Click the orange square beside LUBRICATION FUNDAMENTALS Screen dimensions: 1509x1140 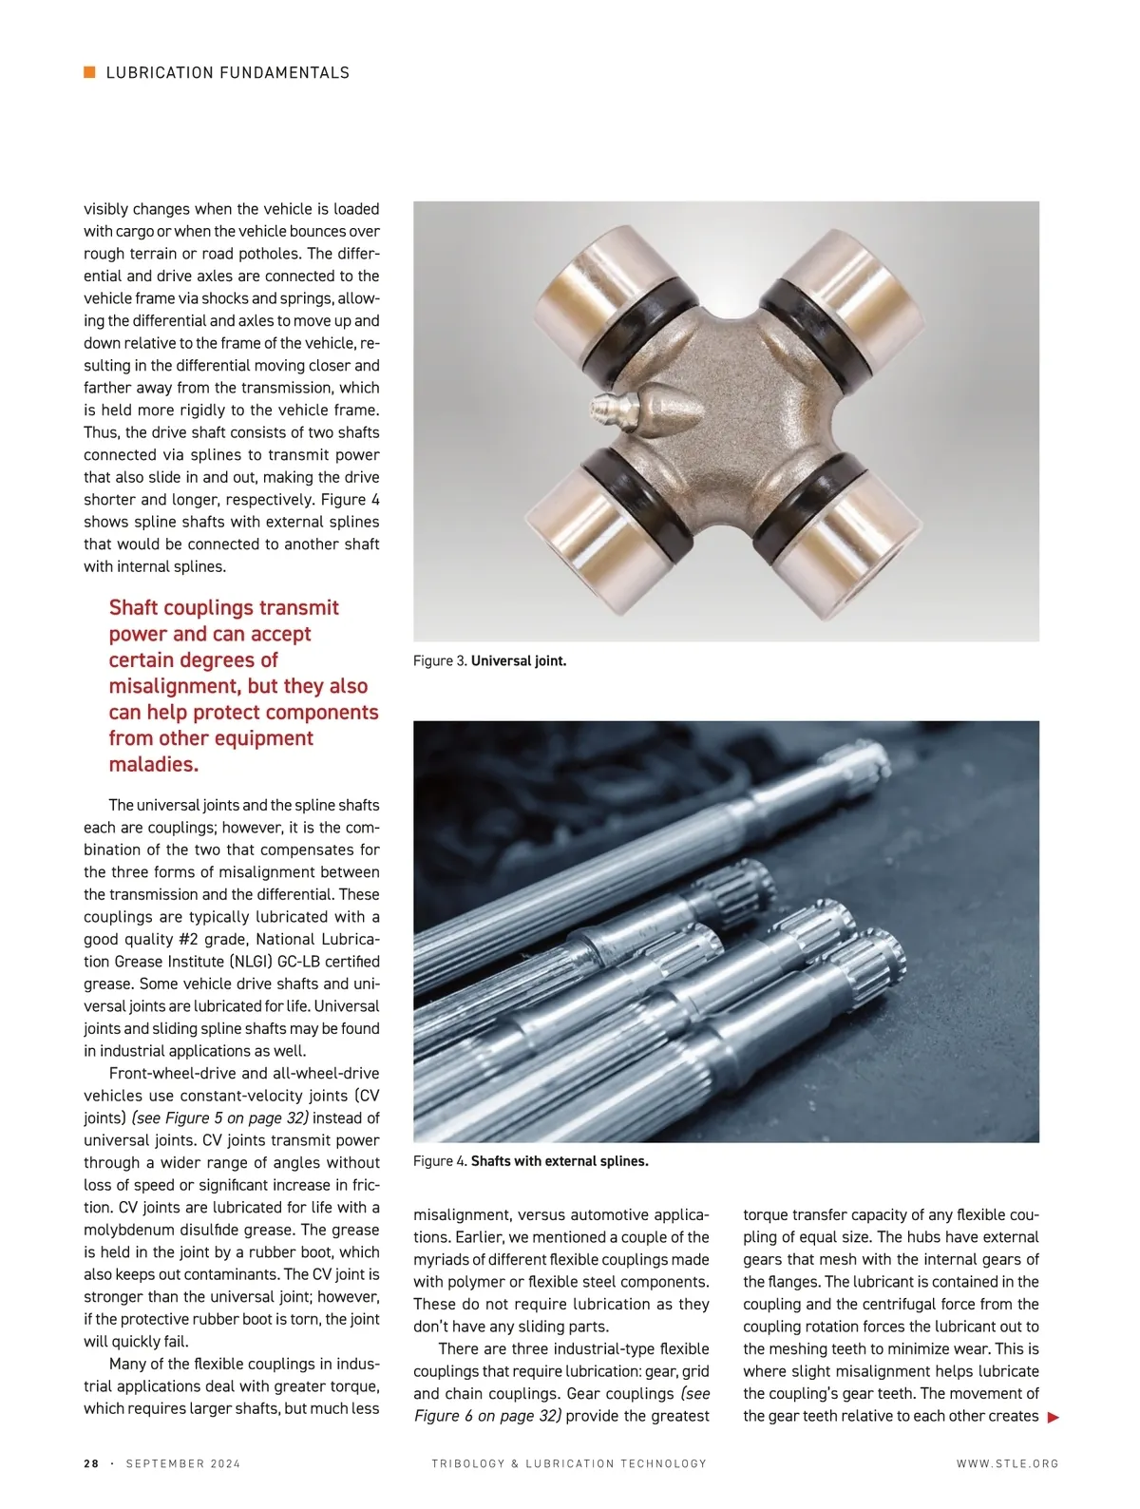tap(90, 72)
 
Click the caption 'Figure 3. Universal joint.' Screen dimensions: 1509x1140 tap(489, 660)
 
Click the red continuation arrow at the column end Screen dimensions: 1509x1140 tap(1052, 1418)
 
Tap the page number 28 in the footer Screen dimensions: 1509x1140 tap(91, 1463)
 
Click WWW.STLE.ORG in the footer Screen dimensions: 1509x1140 tap(1007, 1463)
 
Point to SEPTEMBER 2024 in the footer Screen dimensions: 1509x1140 tap(183, 1463)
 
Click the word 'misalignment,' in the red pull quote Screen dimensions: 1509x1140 tap(174, 686)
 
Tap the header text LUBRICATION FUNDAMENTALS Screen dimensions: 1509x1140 tap(228, 72)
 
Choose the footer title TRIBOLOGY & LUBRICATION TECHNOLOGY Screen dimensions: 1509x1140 tap(569, 1463)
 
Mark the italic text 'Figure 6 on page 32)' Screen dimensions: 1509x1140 tap(487, 1416)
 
